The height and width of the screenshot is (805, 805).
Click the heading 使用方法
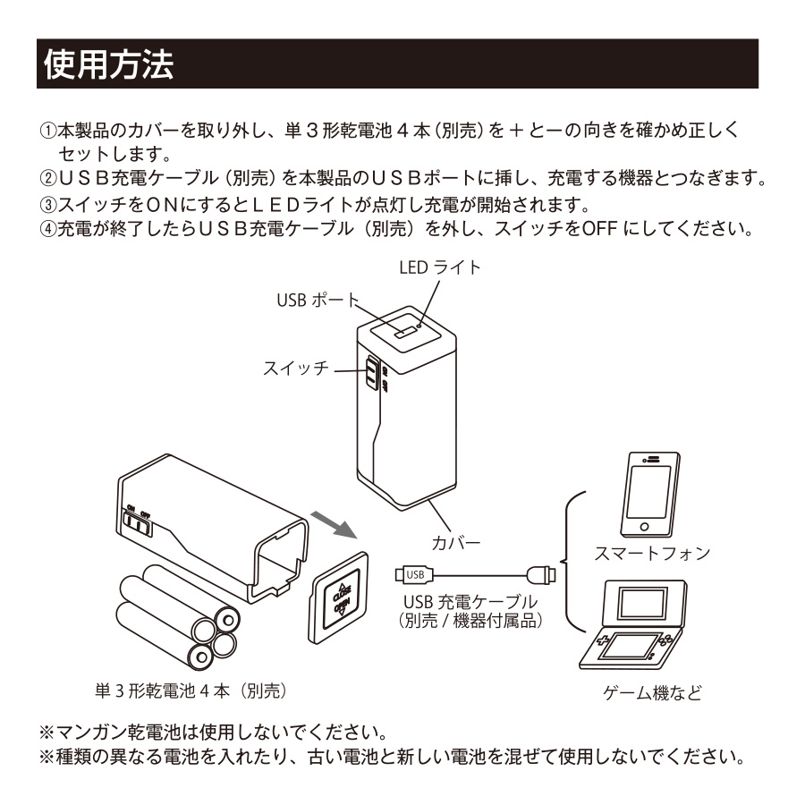pyautogui.click(x=108, y=64)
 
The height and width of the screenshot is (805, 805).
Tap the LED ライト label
pyautogui.click(x=439, y=267)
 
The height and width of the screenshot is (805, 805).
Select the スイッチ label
pyautogui.click(x=296, y=368)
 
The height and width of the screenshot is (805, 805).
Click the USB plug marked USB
pyautogui.click(x=412, y=573)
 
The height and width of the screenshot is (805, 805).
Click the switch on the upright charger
pyautogui.click(x=370, y=373)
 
